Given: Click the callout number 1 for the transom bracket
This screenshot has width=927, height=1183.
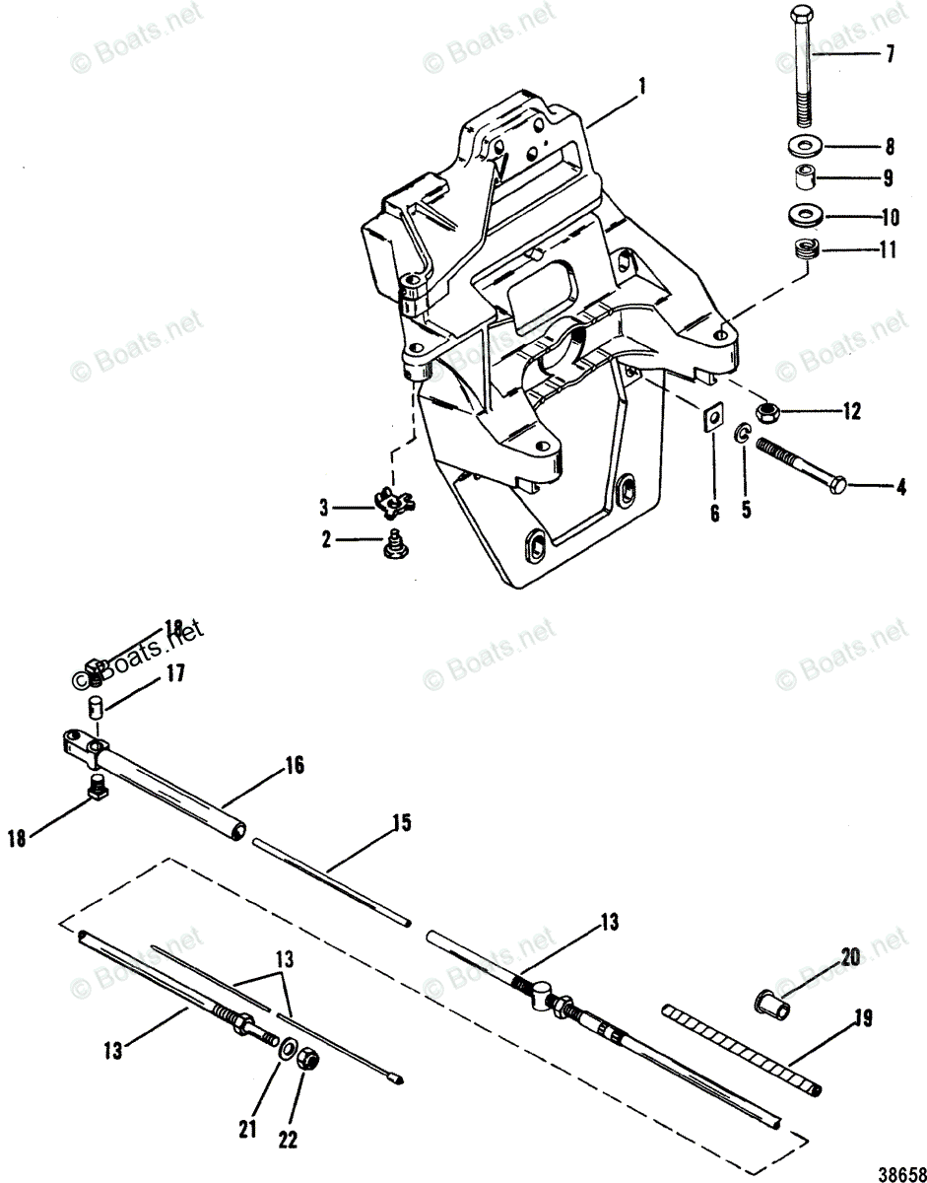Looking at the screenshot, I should pyautogui.click(x=641, y=87).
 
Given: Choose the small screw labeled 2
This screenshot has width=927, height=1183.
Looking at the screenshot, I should pyautogui.click(x=393, y=543).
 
